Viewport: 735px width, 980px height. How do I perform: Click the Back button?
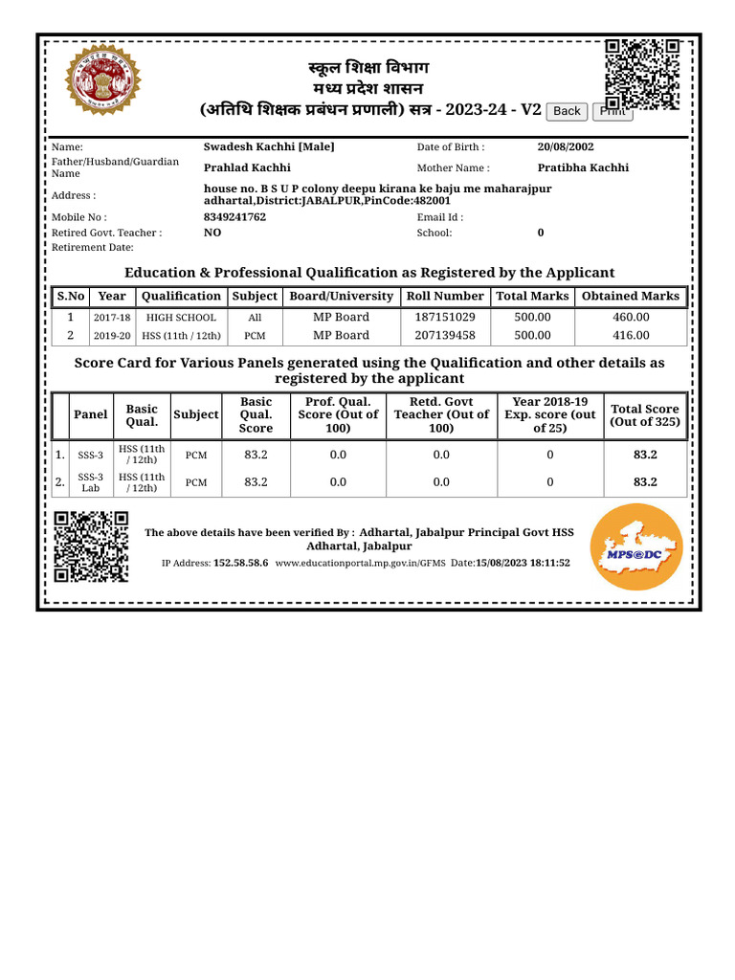[x=567, y=111]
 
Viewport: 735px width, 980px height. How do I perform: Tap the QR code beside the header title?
[x=642, y=73]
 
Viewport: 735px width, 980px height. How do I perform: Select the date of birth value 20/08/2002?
[x=566, y=147]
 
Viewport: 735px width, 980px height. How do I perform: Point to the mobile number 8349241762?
[x=235, y=217]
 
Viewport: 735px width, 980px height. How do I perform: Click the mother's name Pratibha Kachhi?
[x=583, y=167]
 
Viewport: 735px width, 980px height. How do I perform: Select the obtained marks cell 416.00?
[x=631, y=335]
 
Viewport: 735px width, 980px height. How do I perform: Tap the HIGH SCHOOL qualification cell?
[x=181, y=317]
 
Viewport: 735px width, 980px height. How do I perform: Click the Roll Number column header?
[x=445, y=297]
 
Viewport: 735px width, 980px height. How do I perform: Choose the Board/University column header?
[x=342, y=297]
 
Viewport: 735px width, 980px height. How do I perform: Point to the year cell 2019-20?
[x=112, y=336]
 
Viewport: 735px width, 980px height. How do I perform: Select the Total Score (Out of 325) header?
[x=645, y=415]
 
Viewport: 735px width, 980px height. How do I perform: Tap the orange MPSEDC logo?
[x=636, y=546]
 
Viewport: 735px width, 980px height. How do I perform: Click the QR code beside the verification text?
[x=91, y=546]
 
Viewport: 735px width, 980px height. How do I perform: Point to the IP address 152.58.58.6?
[x=240, y=564]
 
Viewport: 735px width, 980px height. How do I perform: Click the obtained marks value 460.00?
[x=631, y=317]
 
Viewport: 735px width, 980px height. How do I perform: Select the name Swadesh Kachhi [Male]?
[x=269, y=147]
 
